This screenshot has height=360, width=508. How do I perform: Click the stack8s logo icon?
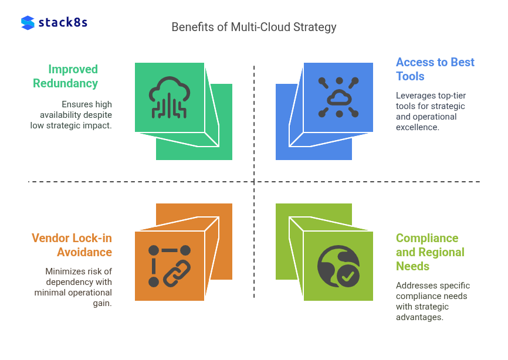[28, 23]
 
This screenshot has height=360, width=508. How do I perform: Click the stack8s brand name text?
[63, 23]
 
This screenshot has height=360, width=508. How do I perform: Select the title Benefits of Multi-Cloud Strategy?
[253, 27]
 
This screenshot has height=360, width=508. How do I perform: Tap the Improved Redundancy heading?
[65, 76]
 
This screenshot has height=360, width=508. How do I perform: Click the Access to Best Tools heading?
[435, 69]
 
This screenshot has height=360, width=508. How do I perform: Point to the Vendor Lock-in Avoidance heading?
[72, 245]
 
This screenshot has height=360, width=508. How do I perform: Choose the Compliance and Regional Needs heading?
[430, 252]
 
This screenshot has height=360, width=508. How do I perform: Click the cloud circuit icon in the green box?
[170, 97]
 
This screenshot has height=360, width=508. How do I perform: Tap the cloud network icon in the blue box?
[338, 97]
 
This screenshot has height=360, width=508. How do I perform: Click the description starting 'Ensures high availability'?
[71, 114]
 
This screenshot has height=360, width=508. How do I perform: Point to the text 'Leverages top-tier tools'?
[431, 111]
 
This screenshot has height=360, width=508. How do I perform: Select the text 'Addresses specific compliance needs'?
[433, 301]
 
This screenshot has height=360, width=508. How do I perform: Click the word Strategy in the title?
[316, 27]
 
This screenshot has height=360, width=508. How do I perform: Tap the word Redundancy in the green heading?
[65, 83]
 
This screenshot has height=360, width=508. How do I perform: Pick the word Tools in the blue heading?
[410, 76]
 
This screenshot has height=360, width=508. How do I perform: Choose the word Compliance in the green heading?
[427, 238]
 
